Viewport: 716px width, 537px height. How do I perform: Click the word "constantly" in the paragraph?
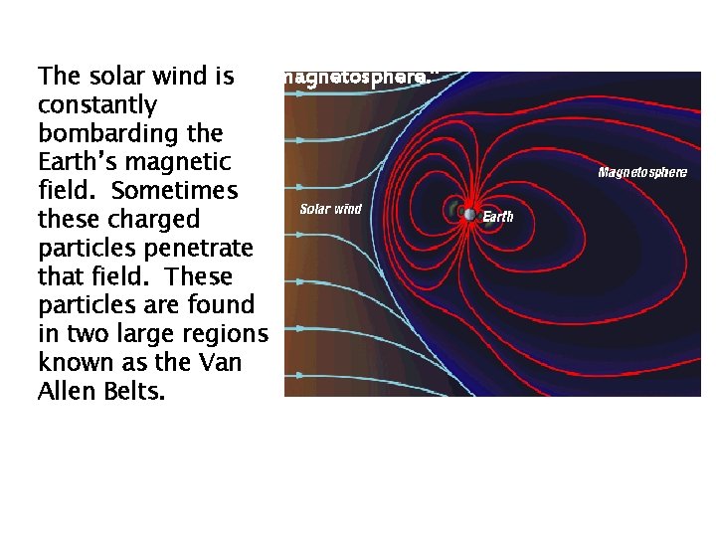[x=97, y=104]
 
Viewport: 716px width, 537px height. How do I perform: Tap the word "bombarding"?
[x=103, y=133]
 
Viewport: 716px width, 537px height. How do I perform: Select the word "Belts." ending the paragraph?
[x=133, y=390]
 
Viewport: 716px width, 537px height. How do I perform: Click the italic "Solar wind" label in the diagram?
[x=330, y=209]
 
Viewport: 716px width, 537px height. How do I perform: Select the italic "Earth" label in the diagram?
[x=498, y=216]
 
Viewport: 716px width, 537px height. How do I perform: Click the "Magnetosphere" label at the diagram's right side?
[x=641, y=172]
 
